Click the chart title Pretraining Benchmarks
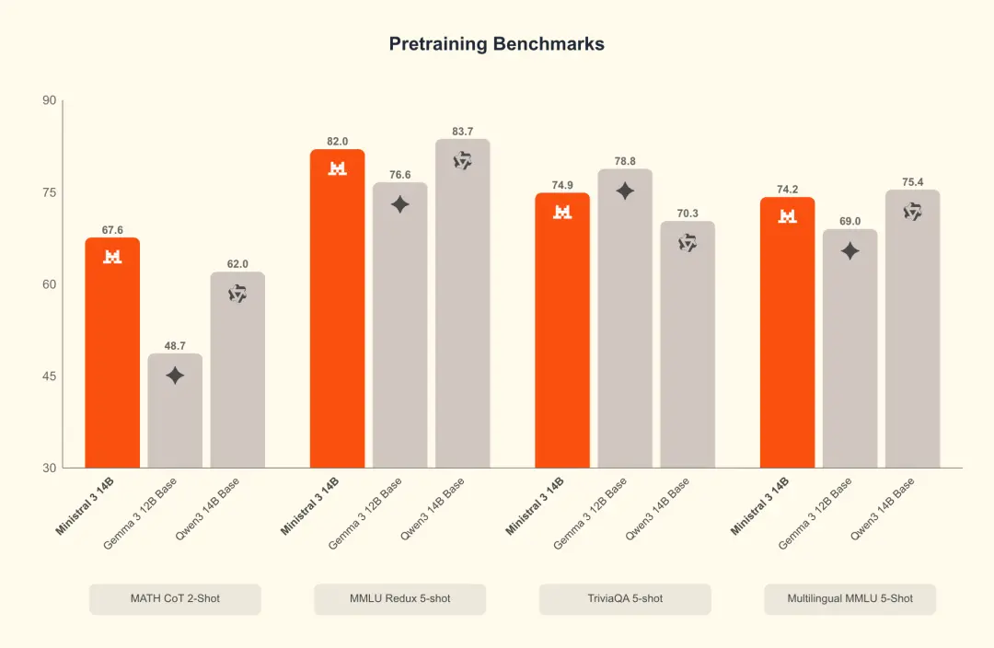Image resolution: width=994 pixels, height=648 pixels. click(496, 44)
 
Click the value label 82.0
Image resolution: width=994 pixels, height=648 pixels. click(338, 142)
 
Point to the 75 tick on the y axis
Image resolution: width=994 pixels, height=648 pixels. click(48, 192)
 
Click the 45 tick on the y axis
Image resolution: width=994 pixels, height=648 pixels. click(48, 376)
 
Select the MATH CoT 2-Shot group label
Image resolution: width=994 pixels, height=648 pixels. click(175, 598)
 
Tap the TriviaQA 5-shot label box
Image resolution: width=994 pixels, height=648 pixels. click(625, 598)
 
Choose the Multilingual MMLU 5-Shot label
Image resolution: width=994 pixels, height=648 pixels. click(850, 598)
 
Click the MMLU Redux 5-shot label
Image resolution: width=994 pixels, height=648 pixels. click(399, 598)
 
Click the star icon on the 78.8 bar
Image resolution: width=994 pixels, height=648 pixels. click(625, 191)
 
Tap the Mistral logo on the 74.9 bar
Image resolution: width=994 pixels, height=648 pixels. click(562, 212)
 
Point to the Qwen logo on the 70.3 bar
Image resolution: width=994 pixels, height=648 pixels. click(688, 243)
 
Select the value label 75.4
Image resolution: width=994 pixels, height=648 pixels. click(912, 182)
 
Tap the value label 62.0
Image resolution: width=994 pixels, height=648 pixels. click(237, 264)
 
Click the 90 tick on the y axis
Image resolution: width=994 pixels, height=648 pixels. click(48, 100)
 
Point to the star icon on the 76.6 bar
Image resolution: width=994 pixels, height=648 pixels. click(399, 204)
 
